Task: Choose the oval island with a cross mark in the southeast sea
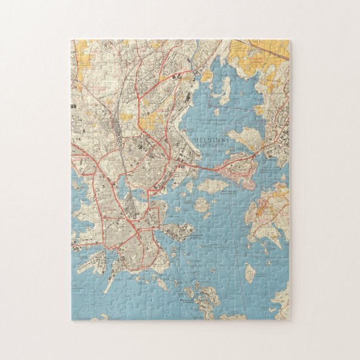[250, 272]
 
